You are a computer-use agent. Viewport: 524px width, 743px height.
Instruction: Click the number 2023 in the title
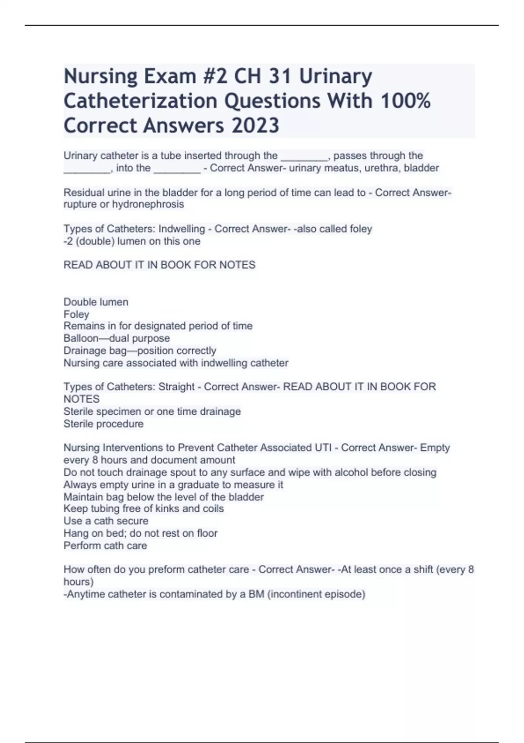point(255,125)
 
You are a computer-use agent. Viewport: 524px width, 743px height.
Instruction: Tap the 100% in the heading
point(405,101)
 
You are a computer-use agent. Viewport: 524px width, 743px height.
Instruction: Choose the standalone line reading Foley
point(76,314)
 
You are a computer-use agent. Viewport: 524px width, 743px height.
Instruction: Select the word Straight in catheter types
point(176,387)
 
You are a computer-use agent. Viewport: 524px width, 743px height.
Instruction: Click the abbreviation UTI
point(326,448)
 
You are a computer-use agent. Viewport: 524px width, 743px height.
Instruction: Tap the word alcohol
point(365,472)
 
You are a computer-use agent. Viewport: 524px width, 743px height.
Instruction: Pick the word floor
point(207,533)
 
